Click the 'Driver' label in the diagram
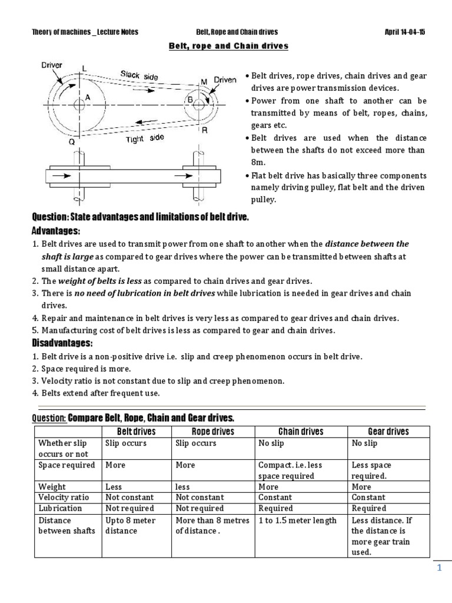pos(52,65)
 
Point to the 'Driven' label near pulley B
pos(225,79)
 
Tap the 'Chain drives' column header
pos(301,432)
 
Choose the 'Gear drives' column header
pos(388,432)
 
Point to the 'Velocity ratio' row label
pos(64,498)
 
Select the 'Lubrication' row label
pos(60,508)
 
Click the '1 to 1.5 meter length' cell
pos(297,521)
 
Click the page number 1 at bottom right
pos(438,568)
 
